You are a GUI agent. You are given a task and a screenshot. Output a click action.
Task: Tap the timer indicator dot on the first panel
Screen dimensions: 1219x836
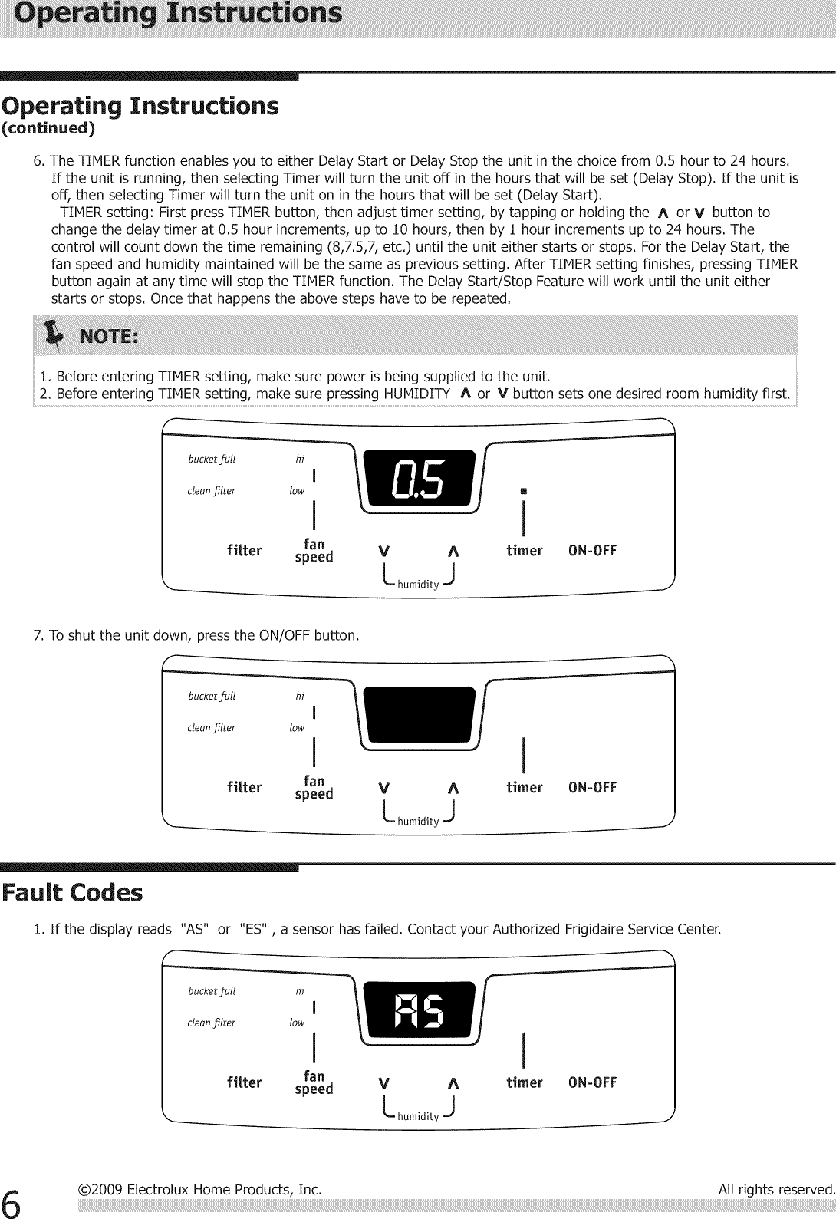coord(523,490)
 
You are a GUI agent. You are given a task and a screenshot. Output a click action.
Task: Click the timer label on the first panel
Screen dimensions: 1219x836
coord(524,551)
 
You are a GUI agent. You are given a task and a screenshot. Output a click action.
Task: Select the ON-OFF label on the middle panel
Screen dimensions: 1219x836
coord(592,788)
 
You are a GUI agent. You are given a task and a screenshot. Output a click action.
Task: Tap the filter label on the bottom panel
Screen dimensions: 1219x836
coord(244,1082)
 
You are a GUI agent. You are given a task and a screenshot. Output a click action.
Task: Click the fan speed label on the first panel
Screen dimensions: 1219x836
coord(314,551)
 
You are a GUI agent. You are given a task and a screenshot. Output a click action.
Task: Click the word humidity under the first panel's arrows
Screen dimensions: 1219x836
coord(418,585)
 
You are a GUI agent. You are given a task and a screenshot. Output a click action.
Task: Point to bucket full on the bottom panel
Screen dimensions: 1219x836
coord(212,991)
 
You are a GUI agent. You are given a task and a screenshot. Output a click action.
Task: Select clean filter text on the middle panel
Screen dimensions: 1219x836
coord(211,727)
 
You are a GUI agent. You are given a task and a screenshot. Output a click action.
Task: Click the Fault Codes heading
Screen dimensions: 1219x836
coord(72,893)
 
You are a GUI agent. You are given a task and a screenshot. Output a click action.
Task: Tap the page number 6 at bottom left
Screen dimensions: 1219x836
coord(13,1201)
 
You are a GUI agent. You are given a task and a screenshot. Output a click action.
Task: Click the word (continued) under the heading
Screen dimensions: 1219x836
coord(48,128)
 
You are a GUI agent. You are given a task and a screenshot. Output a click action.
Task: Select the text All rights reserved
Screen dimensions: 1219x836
coord(775,1190)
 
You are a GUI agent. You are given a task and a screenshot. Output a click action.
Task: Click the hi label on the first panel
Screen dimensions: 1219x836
coord(300,460)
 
